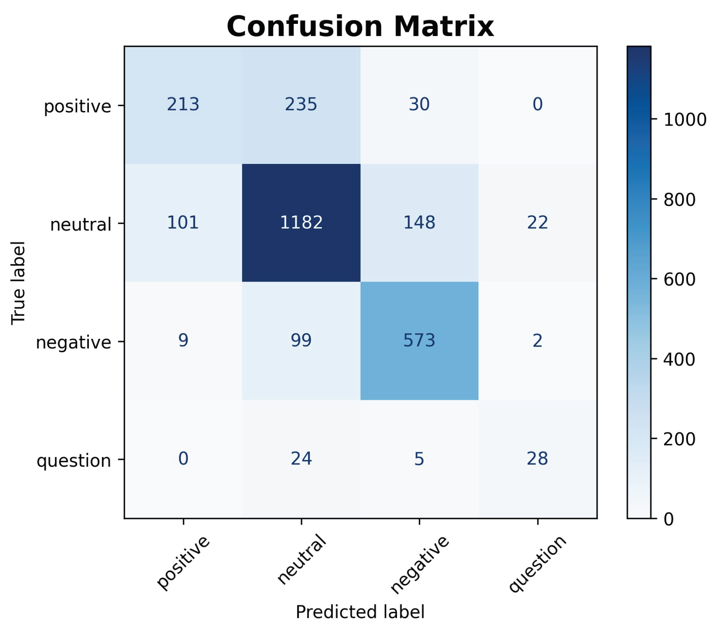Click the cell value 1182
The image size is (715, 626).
click(x=301, y=222)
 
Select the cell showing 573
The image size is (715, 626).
click(x=419, y=340)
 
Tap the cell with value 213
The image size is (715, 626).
click(x=183, y=104)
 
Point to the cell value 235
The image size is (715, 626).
click(x=301, y=104)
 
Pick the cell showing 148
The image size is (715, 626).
click(x=419, y=222)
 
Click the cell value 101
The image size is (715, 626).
click(x=183, y=222)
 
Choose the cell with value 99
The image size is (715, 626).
click(x=301, y=340)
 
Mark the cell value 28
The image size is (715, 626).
click(x=537, y=458)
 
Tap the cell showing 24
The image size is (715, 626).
click(x=301, y=458)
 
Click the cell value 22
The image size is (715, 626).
click(x=537, y=222)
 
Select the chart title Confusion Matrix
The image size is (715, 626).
click(x=360, y=27)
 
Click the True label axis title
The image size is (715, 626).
click(x=18, y=282)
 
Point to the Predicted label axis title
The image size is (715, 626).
click(x=360, y=612)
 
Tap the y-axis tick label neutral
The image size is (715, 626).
click(x=81, y=225)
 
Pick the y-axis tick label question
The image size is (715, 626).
click(x=74, y=461)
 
